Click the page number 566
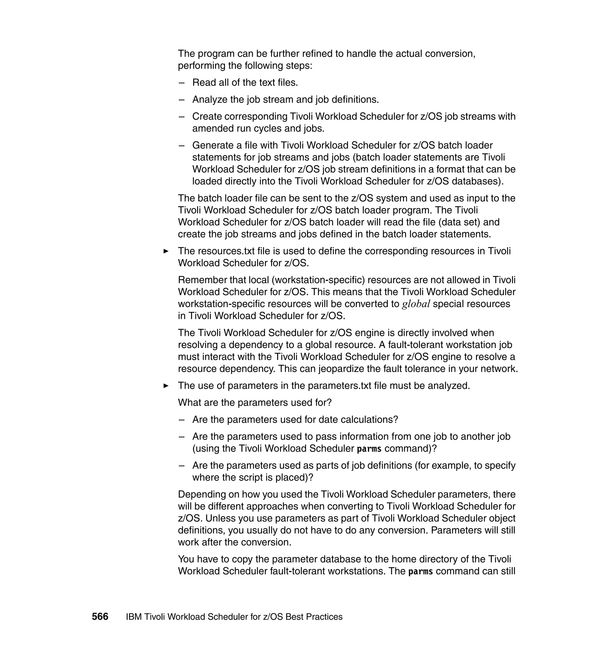coord(100,617)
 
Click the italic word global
coord(416,304)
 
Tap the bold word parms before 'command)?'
coord(369,449)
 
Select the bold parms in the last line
coord(421,572)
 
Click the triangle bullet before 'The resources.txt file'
coord(166,251)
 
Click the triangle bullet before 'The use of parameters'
coord(166,386)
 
